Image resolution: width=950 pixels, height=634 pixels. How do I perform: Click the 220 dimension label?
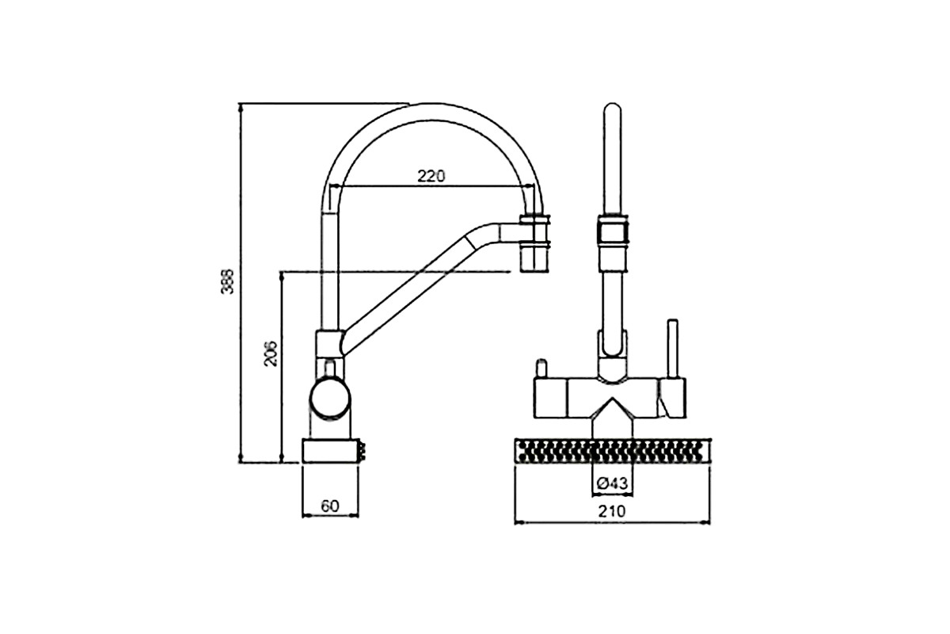pos(431,176)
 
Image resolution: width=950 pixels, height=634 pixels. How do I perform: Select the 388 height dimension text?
pos(227,281)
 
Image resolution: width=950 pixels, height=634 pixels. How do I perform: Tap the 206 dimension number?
pos(270,353)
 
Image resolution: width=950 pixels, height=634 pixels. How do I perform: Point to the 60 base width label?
pos(330,506)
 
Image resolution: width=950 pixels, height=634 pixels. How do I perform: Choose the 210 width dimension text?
pos(612,511)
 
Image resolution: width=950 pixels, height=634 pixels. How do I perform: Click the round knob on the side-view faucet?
pos(330,399)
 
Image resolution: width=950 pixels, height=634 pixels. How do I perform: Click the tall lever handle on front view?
pos(673,349)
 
